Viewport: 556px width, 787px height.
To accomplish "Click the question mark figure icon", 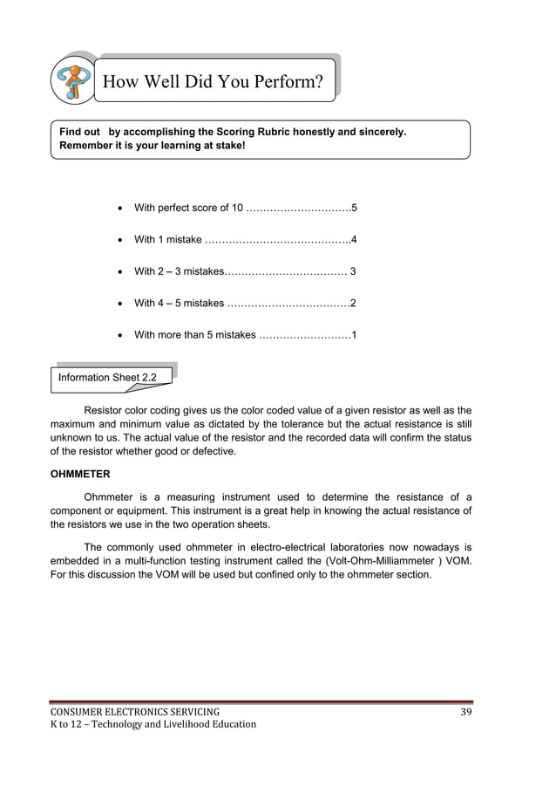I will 74,80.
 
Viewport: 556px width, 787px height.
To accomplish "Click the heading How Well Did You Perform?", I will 214,82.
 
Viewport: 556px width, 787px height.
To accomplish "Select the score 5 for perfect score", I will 353,208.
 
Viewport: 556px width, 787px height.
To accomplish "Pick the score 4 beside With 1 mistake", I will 353,240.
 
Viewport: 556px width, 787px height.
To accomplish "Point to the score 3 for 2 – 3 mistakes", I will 352,271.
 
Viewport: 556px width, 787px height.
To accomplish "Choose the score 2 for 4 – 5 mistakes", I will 353,304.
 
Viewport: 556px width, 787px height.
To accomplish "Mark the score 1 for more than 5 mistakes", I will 353,335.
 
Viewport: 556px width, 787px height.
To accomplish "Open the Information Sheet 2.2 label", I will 107,378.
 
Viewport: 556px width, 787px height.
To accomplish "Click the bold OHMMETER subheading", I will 79,474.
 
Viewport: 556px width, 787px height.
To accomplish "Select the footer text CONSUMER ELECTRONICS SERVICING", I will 134,712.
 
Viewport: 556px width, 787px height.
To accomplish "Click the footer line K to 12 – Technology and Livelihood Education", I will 153,724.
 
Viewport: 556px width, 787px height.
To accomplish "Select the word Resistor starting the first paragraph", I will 104,409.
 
